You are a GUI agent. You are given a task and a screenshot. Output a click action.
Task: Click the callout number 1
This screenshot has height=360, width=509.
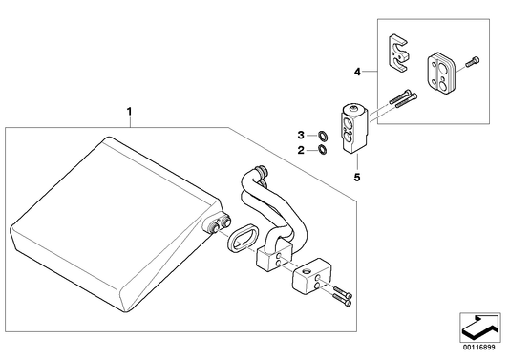[129, 112]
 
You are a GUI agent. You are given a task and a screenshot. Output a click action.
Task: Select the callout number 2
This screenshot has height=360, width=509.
[301, 150]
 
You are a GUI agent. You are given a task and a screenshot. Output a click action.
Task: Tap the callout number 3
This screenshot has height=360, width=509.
[301, 135]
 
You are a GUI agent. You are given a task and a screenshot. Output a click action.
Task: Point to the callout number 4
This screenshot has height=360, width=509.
[357, 72]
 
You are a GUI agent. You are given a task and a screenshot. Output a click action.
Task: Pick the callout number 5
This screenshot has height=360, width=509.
[357, 178]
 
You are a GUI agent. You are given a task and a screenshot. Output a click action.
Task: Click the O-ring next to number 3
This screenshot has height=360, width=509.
[323, 135]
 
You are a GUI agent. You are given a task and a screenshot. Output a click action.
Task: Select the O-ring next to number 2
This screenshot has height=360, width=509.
[323, 149]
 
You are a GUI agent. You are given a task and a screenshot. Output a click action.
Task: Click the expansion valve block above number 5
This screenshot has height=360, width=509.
[354, 128]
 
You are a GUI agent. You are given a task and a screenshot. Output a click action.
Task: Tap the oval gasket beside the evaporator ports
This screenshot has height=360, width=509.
[243, 238]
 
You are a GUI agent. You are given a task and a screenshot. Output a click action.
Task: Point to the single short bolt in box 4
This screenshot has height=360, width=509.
[473, 62]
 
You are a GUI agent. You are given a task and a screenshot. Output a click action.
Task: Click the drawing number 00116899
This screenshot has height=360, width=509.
[479, 348]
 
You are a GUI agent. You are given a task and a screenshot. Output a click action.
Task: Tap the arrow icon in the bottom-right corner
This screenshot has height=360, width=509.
[479, 327]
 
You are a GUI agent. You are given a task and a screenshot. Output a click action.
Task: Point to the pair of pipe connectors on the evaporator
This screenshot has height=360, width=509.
[219, 224]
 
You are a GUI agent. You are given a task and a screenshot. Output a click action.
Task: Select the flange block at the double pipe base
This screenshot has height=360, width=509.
[275, 257]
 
